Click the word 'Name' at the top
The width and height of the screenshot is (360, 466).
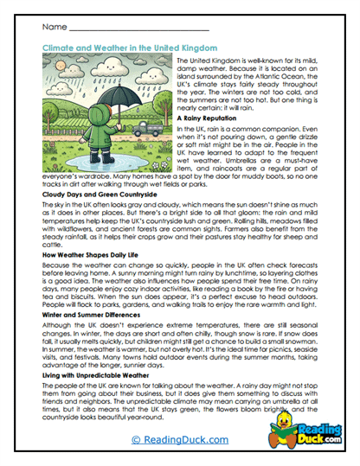coord(54,29)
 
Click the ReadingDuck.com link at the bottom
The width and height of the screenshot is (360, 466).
coord(179,440)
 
